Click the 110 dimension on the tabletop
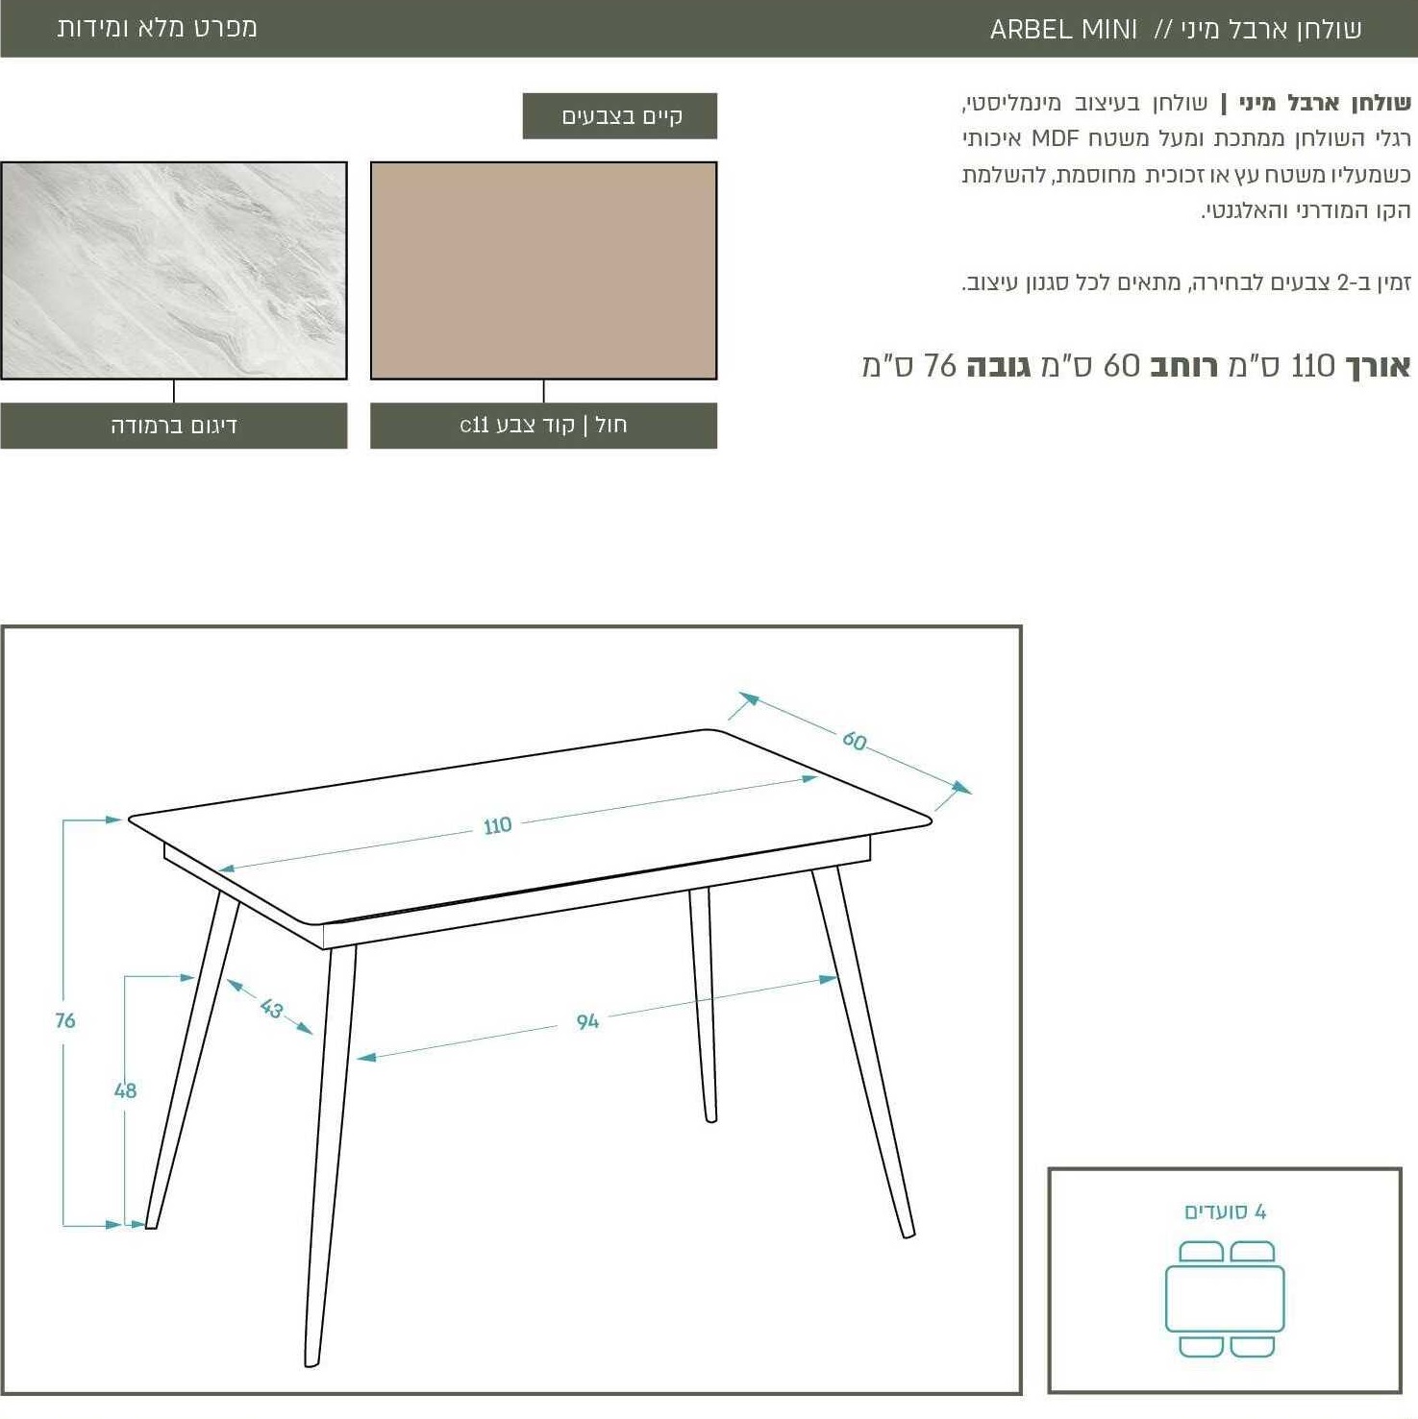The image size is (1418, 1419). [x=497, y=825]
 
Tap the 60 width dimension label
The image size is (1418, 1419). [x=854, y=741]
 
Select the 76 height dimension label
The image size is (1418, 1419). [x=65, y=1020]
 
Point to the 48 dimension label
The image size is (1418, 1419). [x=125, y=1090]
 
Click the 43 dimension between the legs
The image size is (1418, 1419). [x=271, y=1008]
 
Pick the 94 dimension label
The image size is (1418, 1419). [x=587, y=1021]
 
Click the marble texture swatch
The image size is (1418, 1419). [x=174, y=271]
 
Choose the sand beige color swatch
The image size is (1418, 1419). [x=544, y=271]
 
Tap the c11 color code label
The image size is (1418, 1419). [x=544, y=426]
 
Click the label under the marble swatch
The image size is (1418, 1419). [x=174, y=426]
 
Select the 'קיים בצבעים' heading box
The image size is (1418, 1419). [x=620, y=116]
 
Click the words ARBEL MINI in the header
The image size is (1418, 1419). [x=1063, y=30]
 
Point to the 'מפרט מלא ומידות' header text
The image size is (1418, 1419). [x=157, y=28]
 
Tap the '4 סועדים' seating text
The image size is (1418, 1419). [x=1225, y=1211]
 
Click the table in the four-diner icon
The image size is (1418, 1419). [x=1225, y=1299]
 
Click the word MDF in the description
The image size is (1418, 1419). [x=1056, y=138]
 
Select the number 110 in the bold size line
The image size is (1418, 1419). [x=1313, y=366]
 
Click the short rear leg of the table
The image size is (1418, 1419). [x=703, y=1004]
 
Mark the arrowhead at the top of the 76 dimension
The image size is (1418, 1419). [x=112, y=820]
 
